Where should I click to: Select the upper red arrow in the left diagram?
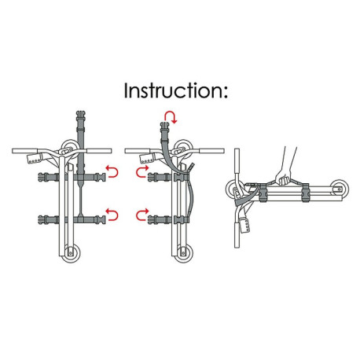(x=112, y=171)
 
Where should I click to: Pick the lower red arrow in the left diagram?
(x=112, y=215)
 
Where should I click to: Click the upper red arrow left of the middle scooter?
(x=142, y=171)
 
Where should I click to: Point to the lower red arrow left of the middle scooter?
(x=142, y=215)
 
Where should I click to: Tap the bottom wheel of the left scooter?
(x=71, y=253)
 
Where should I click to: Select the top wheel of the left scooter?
(x=70, y=148)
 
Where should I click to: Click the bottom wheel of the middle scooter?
(x=183, y=253)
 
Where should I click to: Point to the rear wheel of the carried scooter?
(x=340, y=189)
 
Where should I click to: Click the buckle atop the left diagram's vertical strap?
(x=80, y=116)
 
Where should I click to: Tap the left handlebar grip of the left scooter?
(x=25, y=151)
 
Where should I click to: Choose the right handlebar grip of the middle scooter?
(x=211, y=151)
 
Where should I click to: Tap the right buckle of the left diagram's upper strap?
(x=101, y=177)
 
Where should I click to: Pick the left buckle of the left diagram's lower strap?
(x=44, y=219)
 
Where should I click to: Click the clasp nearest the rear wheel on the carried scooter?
(x=306, y=193)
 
